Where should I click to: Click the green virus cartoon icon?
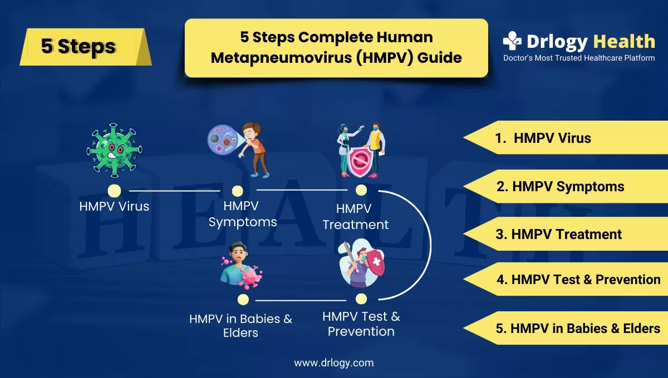(114, 150)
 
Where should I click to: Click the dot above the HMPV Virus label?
(114, 191)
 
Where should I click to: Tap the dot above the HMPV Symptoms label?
(238, 191)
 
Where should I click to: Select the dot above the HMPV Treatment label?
(361, 191)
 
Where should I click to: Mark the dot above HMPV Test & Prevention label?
(361, 299)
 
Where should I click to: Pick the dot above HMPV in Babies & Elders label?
(243, 300)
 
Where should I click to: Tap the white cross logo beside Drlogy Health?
(512, 41)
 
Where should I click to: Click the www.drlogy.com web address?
(334, 363)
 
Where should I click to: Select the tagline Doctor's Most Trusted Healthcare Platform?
(579, 58)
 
